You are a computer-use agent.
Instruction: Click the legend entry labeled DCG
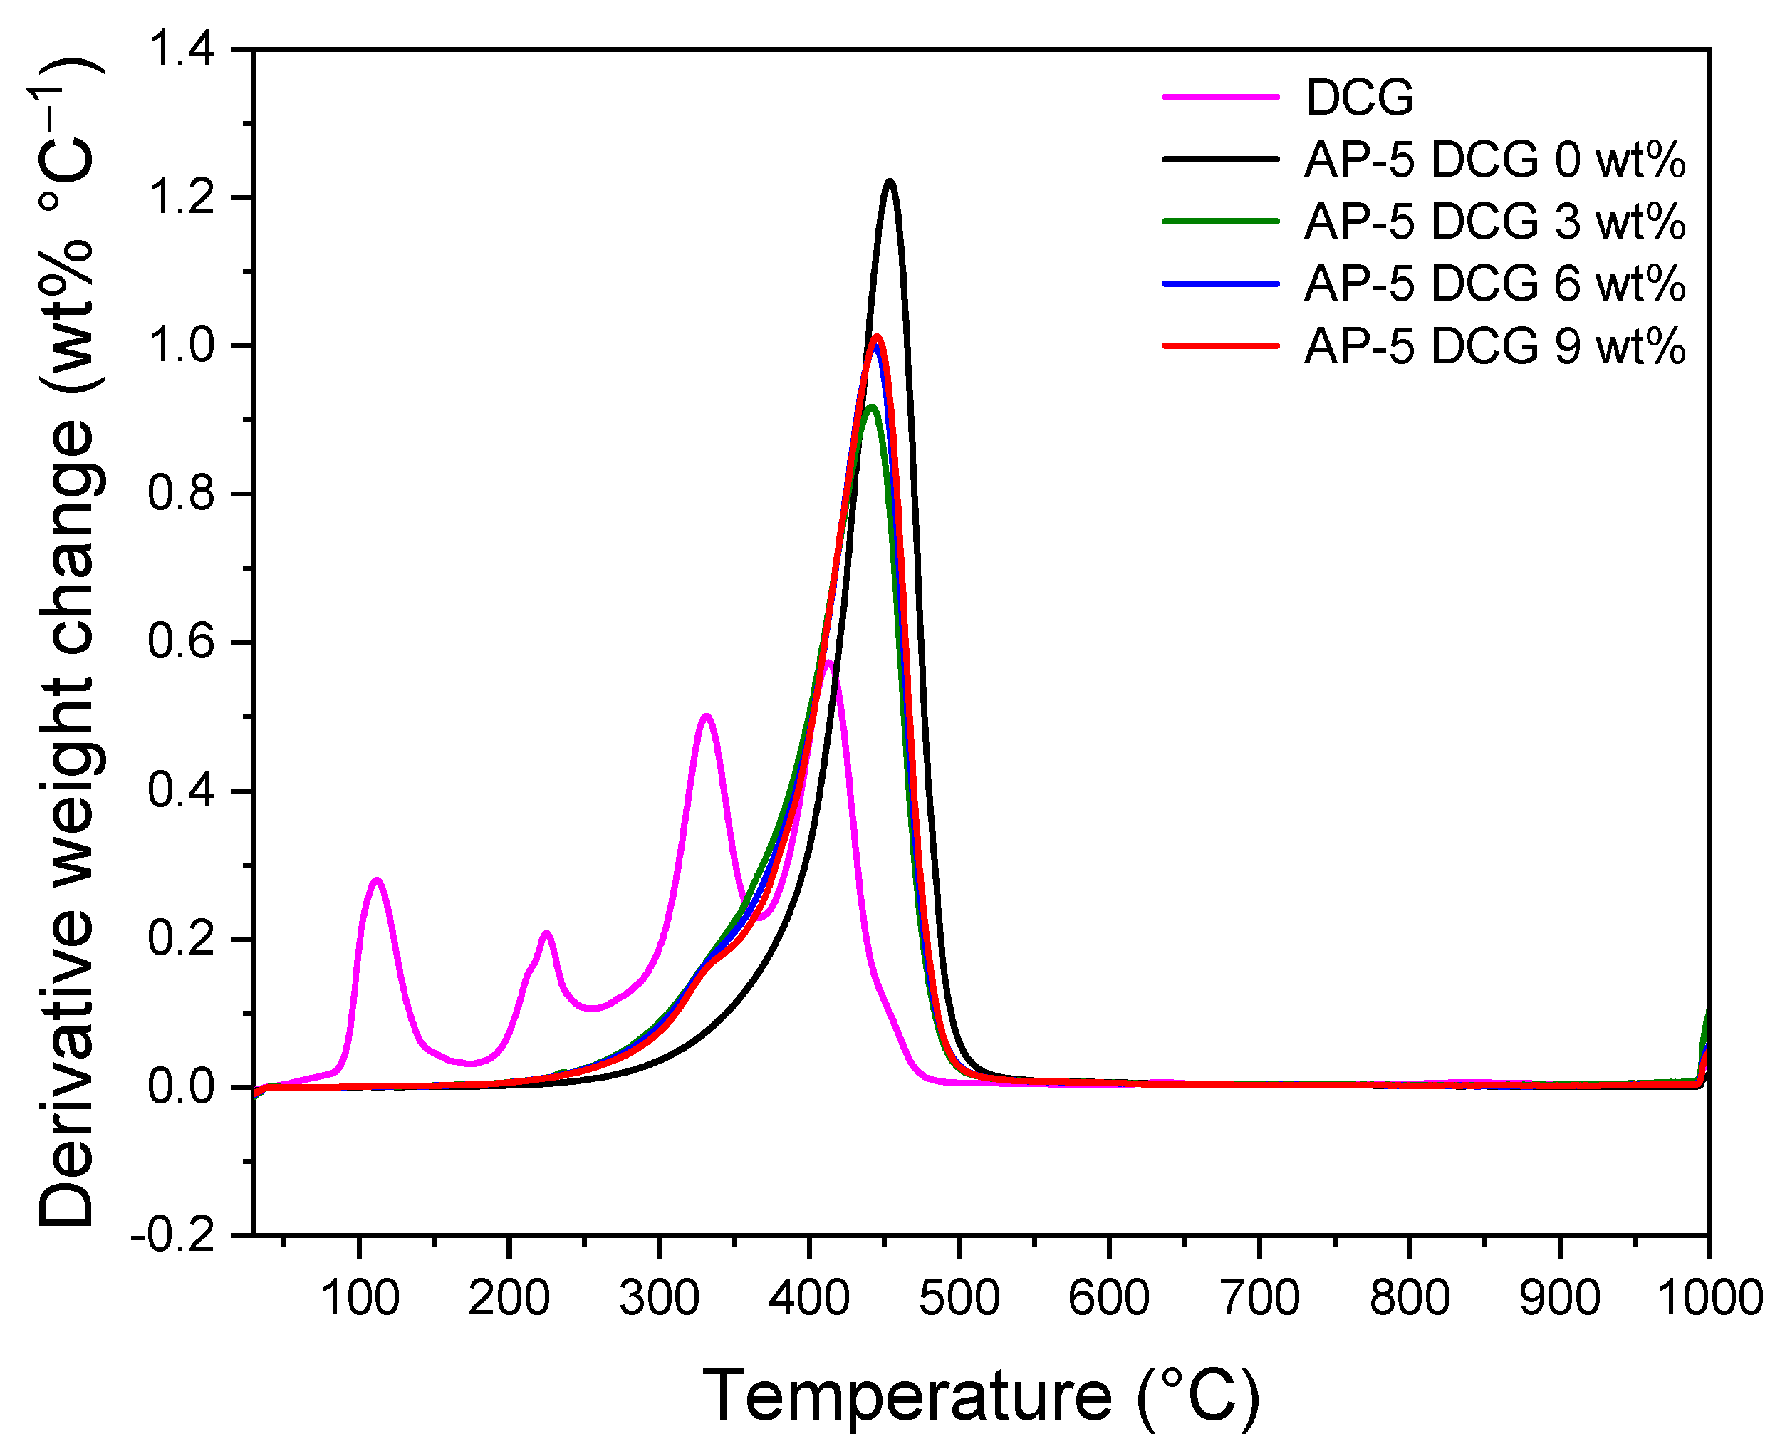[x=1359, y=98]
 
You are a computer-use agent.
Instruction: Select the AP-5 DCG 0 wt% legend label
[x=1494, y=160]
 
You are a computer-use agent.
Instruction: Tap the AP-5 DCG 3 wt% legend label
[x=1494, y=222]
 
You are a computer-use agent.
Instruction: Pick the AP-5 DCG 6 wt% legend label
[x=1494, y=284]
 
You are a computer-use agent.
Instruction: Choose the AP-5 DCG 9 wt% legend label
[x=1494, y=345]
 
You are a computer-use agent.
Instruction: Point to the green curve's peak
[x=872, y=407]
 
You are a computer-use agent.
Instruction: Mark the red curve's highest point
[x=877, y=337]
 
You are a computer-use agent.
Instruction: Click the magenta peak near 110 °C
[x=377, y=880]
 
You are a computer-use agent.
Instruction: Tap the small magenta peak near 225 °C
[x=546, y=932]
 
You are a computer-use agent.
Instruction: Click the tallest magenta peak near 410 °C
[x=828, y=662]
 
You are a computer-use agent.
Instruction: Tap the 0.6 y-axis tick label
[x=180, y=643]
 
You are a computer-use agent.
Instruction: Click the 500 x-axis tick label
[x=959, y=1299]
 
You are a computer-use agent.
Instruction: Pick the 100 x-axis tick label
[x=360, y=1299]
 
